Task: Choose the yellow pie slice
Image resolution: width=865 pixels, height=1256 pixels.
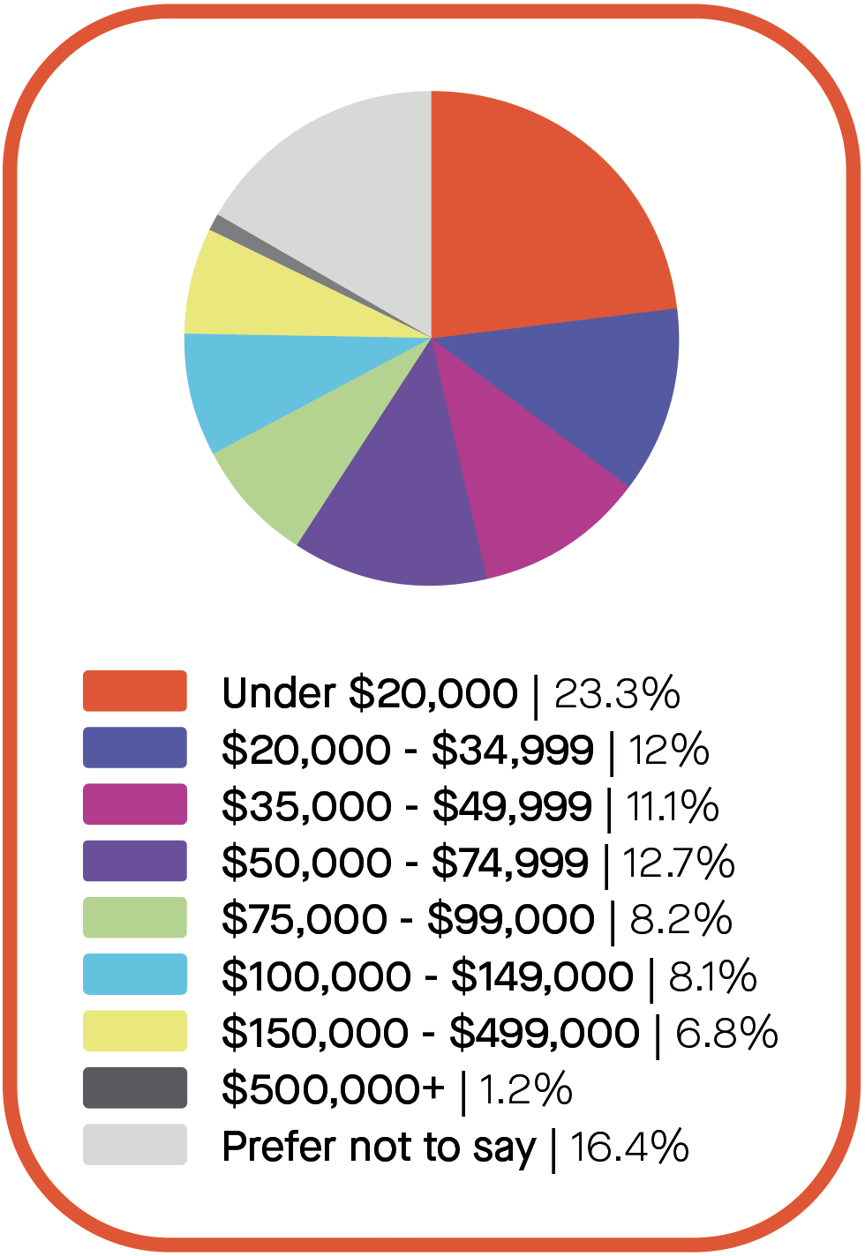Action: (x=256, y=295)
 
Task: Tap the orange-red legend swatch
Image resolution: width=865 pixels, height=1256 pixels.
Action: (x=135, y=691)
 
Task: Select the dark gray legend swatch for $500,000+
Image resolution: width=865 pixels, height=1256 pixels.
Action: (x=135, y=1088)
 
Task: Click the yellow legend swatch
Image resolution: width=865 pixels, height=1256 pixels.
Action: (x=135, y=1031)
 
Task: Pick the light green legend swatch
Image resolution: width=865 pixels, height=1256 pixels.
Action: (x=135, y=917)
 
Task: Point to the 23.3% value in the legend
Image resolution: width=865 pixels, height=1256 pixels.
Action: (x=617, y=693)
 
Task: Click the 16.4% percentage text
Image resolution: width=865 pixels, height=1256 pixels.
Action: (x=629, y=1147)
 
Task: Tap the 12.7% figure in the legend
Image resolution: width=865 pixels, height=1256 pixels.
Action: (x=678, y=863)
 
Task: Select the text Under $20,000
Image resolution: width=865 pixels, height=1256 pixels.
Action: (x=369, y=693)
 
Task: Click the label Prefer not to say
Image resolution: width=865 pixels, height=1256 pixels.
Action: (x=379, y=1147)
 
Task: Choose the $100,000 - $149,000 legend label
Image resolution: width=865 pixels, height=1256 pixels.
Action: (x=427, y=976)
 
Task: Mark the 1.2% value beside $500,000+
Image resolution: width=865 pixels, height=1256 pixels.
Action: (x=526, y=1090)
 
